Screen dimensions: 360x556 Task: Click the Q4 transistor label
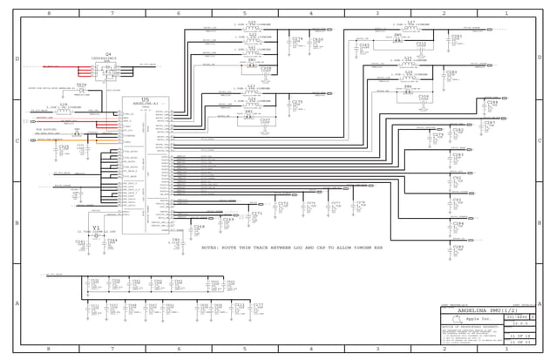(108, 54)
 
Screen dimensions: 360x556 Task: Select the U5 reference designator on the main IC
(145, 98)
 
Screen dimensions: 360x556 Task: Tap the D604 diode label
(81, 85)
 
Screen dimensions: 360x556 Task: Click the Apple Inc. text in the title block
(478, 320)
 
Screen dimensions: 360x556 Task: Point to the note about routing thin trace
(292, 248)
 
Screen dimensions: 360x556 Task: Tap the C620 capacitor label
(318, 39)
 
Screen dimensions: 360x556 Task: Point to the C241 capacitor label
(80, 241)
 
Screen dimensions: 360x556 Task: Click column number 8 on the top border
(48, 14)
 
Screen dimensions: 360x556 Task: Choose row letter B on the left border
(17, 222)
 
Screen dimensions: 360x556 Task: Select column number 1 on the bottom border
(506, 349)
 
